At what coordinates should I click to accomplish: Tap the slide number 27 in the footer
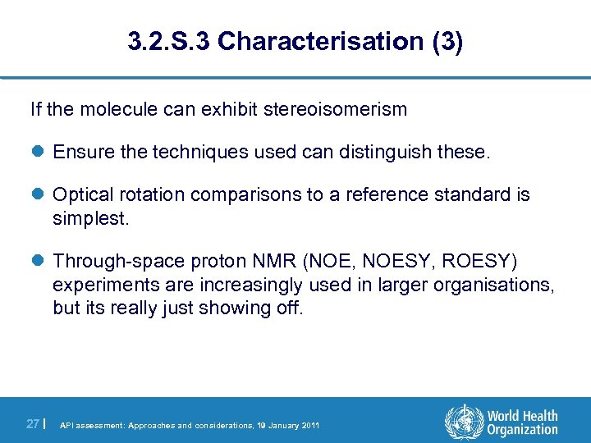[33, 424]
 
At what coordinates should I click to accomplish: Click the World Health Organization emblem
[464, 422]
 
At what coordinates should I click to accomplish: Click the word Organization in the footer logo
[521, 430]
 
